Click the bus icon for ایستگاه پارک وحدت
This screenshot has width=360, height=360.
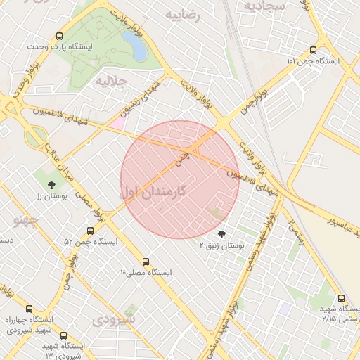tap(59, 35)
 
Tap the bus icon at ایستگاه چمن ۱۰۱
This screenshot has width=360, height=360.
tap(313, 51)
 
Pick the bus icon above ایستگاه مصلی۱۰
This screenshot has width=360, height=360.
tap(146, 262)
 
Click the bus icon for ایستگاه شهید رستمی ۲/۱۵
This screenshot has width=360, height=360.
tap(341, 299)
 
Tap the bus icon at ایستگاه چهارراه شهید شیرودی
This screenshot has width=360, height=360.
tap(29, 308)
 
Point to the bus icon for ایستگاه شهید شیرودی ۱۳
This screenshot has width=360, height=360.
tap(64, 336)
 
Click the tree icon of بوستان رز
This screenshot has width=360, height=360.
tap(51, 185)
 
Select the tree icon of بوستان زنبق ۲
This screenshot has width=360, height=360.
tap(223, 233)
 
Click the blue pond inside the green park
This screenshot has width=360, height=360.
tap(139, 49)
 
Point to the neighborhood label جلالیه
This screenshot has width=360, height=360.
tap(112, 81)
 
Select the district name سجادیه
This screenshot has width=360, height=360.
tap(263, 6)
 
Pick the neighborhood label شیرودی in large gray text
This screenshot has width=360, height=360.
tap(113, 319)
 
